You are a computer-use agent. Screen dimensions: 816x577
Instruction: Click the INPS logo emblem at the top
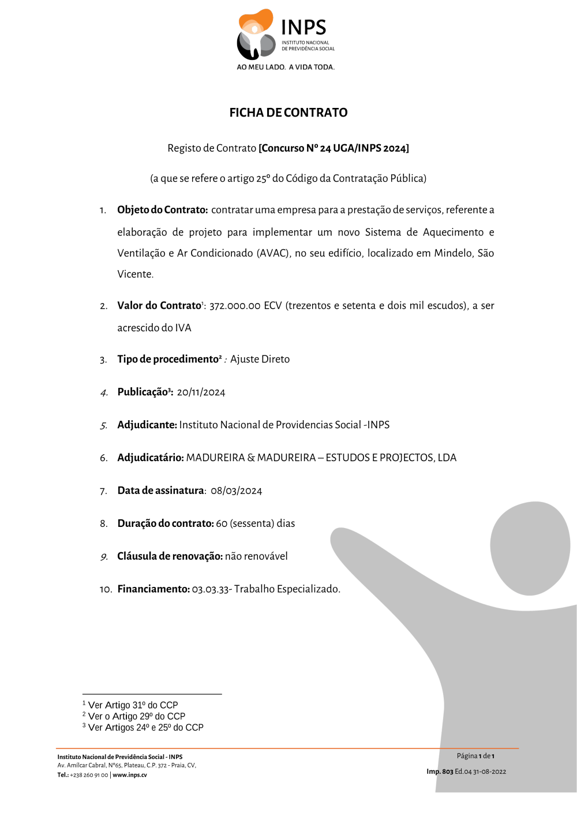(x=256, y=34)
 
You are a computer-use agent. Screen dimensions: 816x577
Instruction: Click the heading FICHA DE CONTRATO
(x=288, y=113)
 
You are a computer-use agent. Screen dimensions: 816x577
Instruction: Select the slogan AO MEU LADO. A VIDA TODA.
(x=286, y=67)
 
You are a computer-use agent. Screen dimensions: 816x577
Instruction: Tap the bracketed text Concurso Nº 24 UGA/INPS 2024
(x=334, y=148)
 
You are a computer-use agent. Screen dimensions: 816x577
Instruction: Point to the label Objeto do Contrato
(x=162, y=210)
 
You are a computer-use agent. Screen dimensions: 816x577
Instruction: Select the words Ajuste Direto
(x=260, y=360)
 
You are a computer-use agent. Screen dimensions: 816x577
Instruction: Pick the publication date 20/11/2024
(x=201, y=392)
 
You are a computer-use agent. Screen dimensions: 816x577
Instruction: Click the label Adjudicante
(x=147, y=425)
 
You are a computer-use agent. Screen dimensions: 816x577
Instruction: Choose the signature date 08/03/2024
(x=236, y=491)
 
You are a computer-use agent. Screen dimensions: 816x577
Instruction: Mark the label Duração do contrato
(x=165, y=524)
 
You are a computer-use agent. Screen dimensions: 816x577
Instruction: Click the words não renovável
(x=256, y=557)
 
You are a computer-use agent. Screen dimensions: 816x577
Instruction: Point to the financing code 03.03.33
(x=210, y=590)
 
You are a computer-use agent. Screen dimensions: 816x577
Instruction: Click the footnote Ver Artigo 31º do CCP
(x=133, y=705)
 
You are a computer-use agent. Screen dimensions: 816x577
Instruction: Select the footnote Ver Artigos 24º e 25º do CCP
(x=145, y=728)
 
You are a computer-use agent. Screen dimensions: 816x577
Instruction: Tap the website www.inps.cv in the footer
(x=130, y=775)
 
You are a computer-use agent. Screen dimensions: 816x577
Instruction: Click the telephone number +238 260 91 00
(x=89, y=775)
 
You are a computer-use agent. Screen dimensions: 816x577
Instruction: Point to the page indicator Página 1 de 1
(x=475, y=756)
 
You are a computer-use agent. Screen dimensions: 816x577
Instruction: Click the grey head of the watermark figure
(x=530, y=547)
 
